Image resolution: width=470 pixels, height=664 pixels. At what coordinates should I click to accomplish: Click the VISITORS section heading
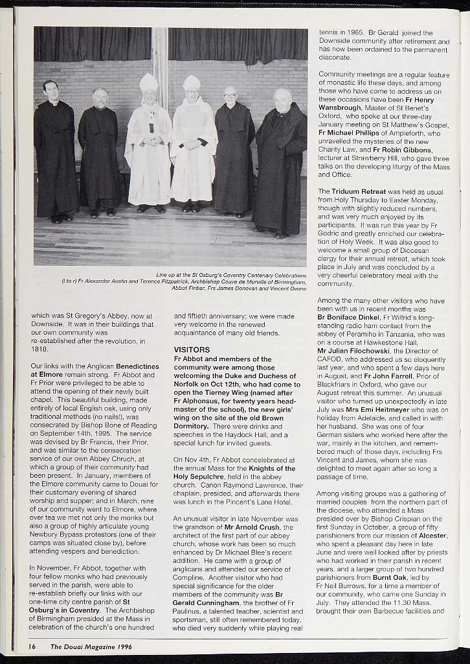click(x=192, y=350)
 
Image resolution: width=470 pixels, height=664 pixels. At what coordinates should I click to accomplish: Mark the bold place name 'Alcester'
click(x=432, y=536)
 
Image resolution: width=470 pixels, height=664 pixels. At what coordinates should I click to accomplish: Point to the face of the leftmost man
click(x=50, y=93)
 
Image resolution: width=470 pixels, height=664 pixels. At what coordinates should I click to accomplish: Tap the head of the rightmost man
click(x=282, y=101)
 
